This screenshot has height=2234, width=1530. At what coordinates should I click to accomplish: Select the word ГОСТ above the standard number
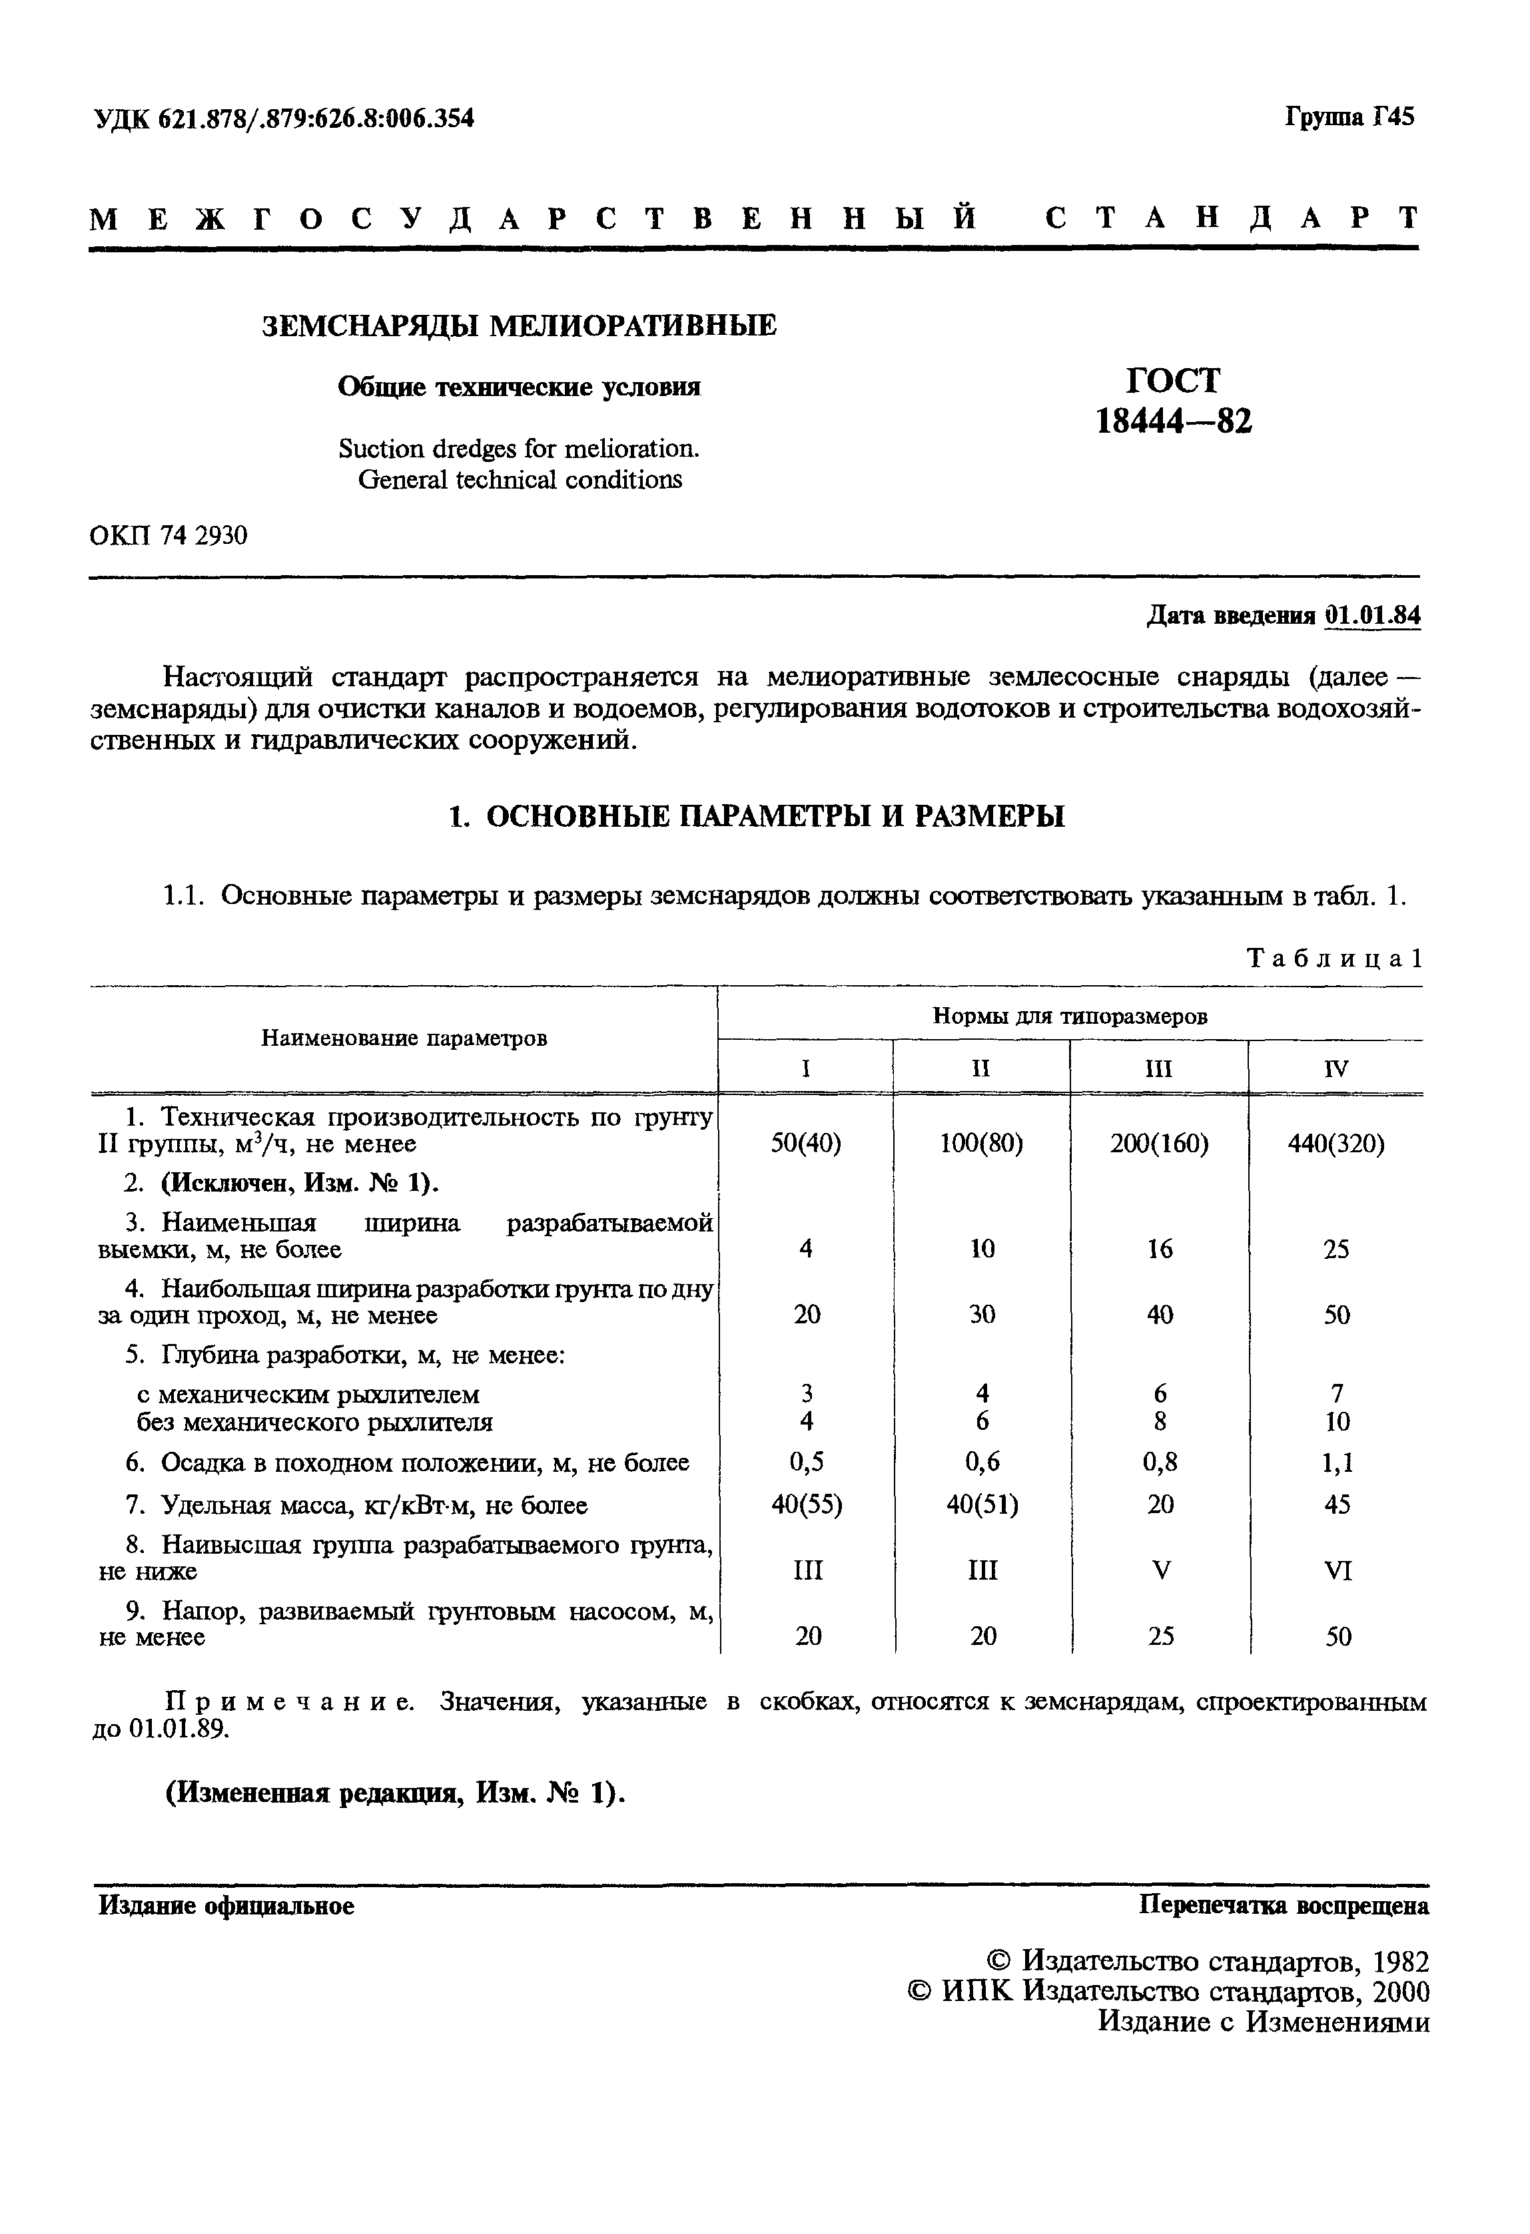pos(1173,381)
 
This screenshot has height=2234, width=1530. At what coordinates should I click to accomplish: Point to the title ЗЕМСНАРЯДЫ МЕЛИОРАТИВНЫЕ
pos(520,326)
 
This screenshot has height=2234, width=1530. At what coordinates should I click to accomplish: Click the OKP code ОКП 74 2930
pos(169,535)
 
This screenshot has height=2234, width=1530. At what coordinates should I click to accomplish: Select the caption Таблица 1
pos(1333,959)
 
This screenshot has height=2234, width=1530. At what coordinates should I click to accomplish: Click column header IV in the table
pos(1336,1069)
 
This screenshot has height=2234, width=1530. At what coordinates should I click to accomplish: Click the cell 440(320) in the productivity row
pos(1336,1144)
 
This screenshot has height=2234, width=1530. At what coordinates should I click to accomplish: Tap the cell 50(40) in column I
pos(806,1144)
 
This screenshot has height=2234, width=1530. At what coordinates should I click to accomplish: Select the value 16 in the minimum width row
pos(1160,1249)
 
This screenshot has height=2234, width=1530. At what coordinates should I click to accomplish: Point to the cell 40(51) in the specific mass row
pos(982,1504)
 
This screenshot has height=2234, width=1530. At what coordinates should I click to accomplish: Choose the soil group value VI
pos(1338,1571)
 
